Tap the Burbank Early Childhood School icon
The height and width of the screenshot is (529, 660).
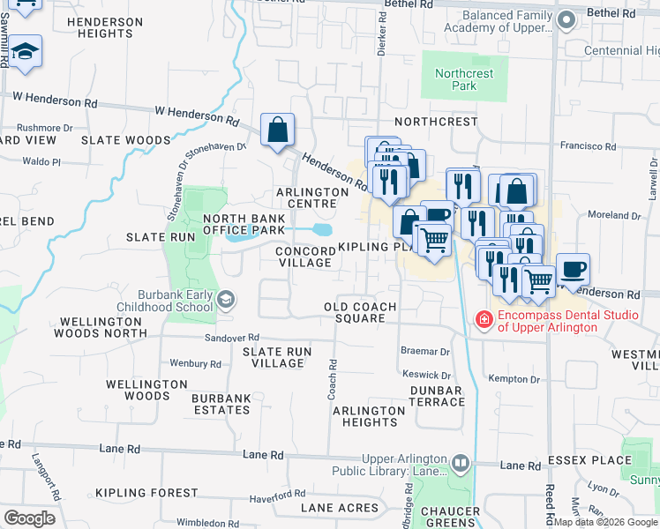click(227, 301)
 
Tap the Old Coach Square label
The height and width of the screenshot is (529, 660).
click(360, 312)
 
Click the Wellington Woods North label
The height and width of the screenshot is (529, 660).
click(101, 326)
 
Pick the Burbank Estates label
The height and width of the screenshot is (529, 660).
click(221, 404)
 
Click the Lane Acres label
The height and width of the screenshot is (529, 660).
click(340, 508)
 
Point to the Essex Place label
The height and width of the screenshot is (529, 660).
click(589, 460)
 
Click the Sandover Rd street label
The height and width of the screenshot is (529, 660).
click(231, 338)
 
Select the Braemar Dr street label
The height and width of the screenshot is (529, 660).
click(425, 351)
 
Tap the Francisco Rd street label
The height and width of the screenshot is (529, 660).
click(586, 145)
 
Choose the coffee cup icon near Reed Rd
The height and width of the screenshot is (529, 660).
click(573, 270)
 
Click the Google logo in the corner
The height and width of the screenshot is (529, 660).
click(29, 518)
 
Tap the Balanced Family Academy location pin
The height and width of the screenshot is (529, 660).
click(568, 19)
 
